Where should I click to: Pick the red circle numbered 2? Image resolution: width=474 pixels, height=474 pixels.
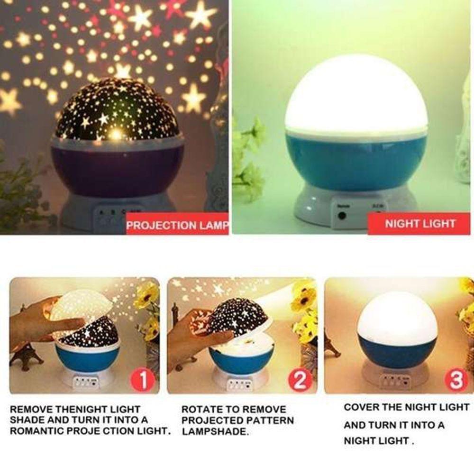[301, 380]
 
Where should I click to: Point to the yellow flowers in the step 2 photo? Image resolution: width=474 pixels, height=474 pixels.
[303, 303]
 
